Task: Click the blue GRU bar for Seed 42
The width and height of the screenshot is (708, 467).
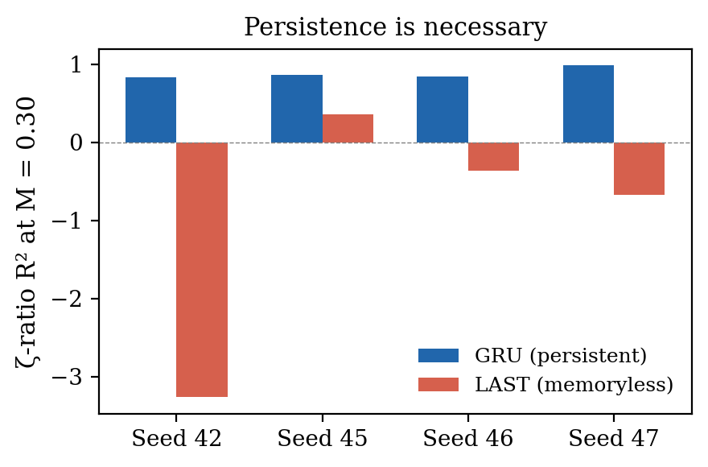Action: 150,110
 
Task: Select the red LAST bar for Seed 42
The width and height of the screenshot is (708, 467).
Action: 202,270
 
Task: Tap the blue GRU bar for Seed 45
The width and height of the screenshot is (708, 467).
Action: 297,109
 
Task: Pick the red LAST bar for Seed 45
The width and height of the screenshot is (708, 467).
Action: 348,129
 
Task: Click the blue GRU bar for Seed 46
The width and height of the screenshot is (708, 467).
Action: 442,110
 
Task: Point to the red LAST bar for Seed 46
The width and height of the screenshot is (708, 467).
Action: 493,156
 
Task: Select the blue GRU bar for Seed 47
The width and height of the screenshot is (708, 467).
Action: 588,104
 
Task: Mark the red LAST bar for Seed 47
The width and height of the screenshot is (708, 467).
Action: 639,168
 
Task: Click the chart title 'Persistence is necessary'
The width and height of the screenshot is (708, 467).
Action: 395,27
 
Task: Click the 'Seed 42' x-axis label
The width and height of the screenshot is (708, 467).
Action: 176,439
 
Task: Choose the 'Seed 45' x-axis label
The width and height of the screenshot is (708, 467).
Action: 322,439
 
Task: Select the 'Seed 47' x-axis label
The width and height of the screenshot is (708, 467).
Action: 613,439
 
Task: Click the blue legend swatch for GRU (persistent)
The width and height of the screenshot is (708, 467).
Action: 438,355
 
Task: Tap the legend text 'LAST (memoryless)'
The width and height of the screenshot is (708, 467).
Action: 574,385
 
